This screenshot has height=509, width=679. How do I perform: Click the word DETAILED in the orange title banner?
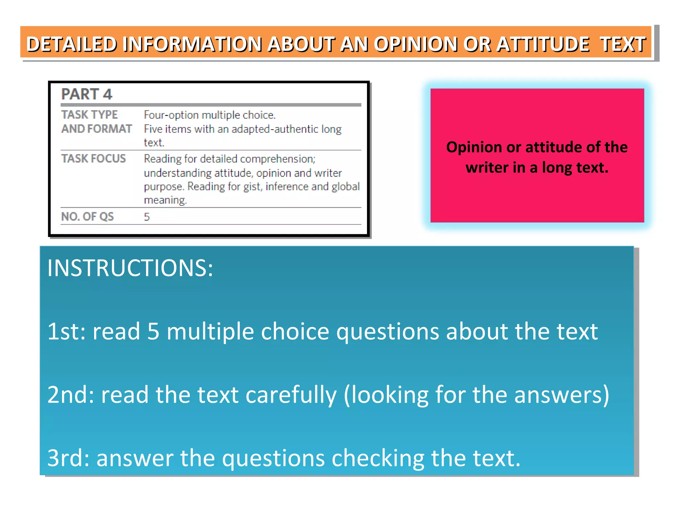pyautogui.click(x=72, y=44)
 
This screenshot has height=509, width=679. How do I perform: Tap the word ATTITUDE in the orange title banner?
pyautogui.click(x=543, y=44)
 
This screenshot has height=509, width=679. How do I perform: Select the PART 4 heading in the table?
pyautogui.click(x=87, y=94)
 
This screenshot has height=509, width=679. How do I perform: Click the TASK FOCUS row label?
pyautogui.click(x=93, y=158)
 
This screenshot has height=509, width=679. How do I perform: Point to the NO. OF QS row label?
pyautogui.click(x=88, y=216)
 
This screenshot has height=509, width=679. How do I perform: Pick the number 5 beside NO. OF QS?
pyautogui.click(x=147, y=217)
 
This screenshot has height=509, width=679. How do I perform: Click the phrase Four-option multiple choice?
pyautogui.click(x=210, y=115)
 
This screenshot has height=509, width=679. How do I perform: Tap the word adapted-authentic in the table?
pyautogui.click(x=275, y=129)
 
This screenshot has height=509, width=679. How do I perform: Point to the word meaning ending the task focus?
pyautogui.click(x=165, y=200)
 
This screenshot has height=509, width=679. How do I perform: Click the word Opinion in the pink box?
pyautogui.click(x=474, y=147)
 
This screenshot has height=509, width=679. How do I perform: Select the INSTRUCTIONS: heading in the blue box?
pyautogui.click(x=130, y=268)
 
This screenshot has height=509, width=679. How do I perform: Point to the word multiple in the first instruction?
pyautogui.click(x=210, y=331)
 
